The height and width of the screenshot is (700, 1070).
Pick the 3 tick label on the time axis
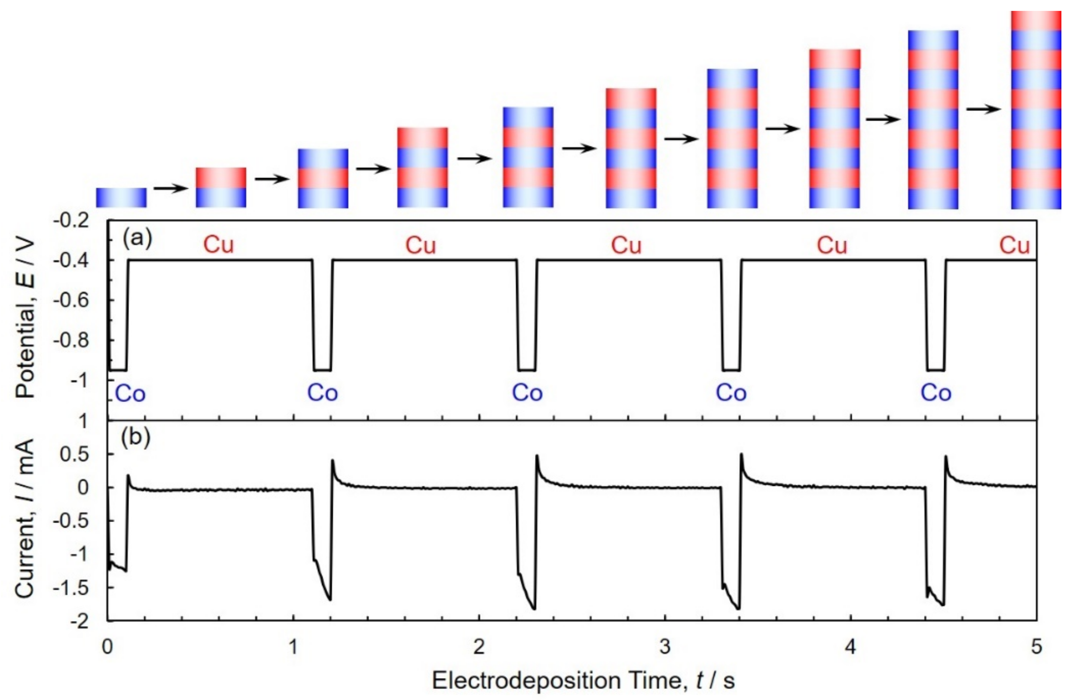[x=664, y=647]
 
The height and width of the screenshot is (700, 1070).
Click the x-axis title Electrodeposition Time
[x=583, y=680]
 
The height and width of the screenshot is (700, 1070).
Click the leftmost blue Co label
[x=130, y=394]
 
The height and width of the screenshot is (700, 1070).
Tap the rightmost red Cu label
[x=1014, y=246]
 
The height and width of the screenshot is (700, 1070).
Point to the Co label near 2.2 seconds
[x=527, y=393]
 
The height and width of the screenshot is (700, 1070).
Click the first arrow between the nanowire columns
[x=171, y=188]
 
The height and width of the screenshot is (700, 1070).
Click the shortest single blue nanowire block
[x=121, y=198]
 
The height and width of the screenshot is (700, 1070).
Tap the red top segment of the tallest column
[x=1036, y=21]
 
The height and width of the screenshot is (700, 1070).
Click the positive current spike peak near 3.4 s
[x=742, y=455]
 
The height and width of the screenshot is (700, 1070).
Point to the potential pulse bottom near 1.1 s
[x=322, y=370]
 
